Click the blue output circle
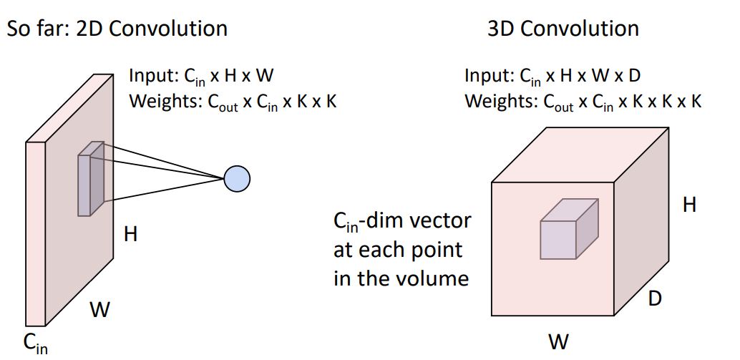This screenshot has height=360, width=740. tap(236, 179)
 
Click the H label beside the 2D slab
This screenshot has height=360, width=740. tap(130, 234)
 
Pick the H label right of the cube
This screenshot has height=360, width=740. tap(688, 205)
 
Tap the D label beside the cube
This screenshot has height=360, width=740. tap(654, 298)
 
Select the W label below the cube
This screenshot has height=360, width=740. tap(558, 341)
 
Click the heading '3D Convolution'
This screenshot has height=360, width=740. tap(563, 29)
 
